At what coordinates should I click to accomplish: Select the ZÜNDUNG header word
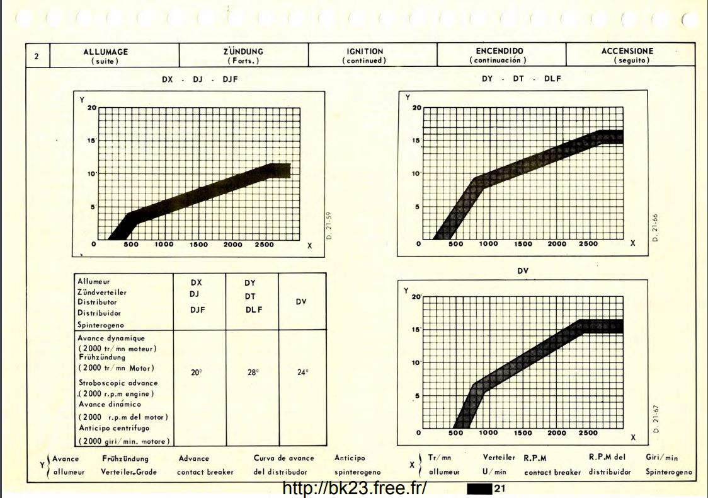click(243, 51)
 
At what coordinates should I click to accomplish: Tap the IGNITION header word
click(364, 51)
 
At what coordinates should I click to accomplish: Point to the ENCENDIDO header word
click(499, 50)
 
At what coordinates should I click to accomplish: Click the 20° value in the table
click(197, 373)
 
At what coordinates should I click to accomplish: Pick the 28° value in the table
click(253, 373)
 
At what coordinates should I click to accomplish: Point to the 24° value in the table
click(302, 373)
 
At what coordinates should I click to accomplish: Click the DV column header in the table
click(301, 301)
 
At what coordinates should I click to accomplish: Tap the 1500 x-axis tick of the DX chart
click(199, 245)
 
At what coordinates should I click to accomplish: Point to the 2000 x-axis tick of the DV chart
click(556, 433)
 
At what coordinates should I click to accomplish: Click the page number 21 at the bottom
click(501, 488)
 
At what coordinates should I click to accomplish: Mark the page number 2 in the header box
click(37, 56)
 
